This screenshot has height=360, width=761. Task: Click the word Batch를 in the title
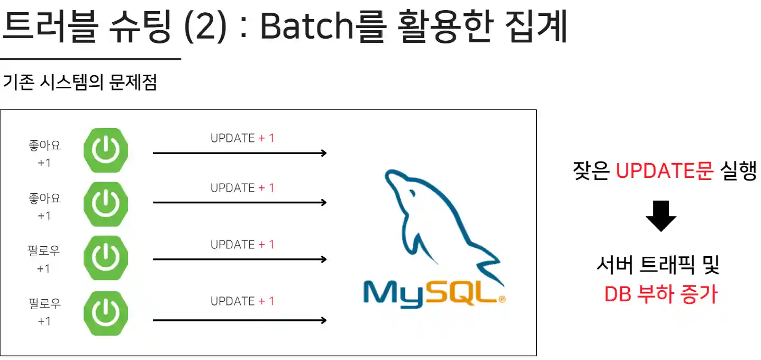pyautogui.click(x=323, y=26)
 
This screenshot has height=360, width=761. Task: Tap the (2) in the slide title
pyautogui.click(x=205, y=27)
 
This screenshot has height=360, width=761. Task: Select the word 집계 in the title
pyautogui.click(x=537, y=26)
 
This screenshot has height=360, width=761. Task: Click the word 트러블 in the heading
pyautogui.click(x=50, y=26)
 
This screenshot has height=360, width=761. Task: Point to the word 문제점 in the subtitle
pyautogui.click(x=133, y=82)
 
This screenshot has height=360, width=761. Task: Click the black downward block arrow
pyautogui.click(x=661, y=216)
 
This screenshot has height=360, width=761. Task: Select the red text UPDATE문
pyautogui.click(x=664, y=170)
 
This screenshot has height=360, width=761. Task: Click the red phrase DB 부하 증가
pyautogui.click(x=661, y=294)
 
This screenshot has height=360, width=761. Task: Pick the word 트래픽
pyautogui.click(x=667, y=264)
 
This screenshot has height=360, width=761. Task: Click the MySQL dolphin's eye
pyautogui.click(x=413, y=194)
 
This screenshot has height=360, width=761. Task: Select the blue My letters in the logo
pyautogui.click(x=394, y=294)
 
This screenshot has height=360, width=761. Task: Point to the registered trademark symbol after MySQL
pyautogui.click(x=502, y=299)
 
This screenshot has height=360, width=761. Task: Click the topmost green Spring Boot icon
pyautogui.click(x=106, y=150)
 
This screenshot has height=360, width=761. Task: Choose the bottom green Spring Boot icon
pyautogui.click(x=106, y=313)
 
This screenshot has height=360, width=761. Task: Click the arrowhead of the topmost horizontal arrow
pyautogui.click(x=324, y=153)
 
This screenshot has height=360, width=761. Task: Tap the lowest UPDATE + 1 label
pyautogui.click(x=242, y=301)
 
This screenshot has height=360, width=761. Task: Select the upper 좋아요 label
pyautogui.click(x=44, y=145)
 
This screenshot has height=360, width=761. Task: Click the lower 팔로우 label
pyautogui.click(x=44, y=303)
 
